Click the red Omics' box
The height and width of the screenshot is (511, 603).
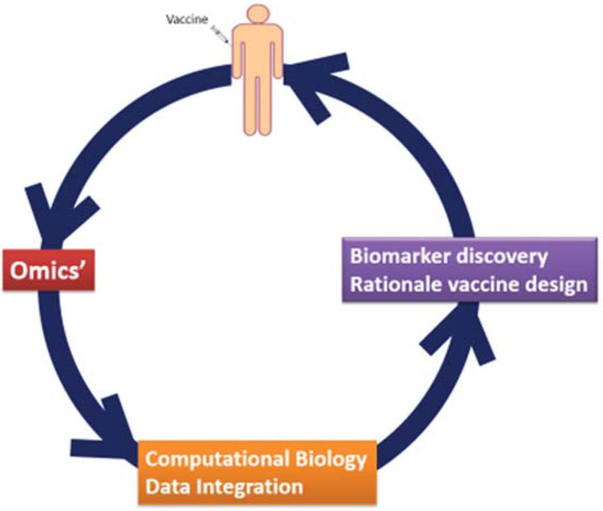pos(48,271)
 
